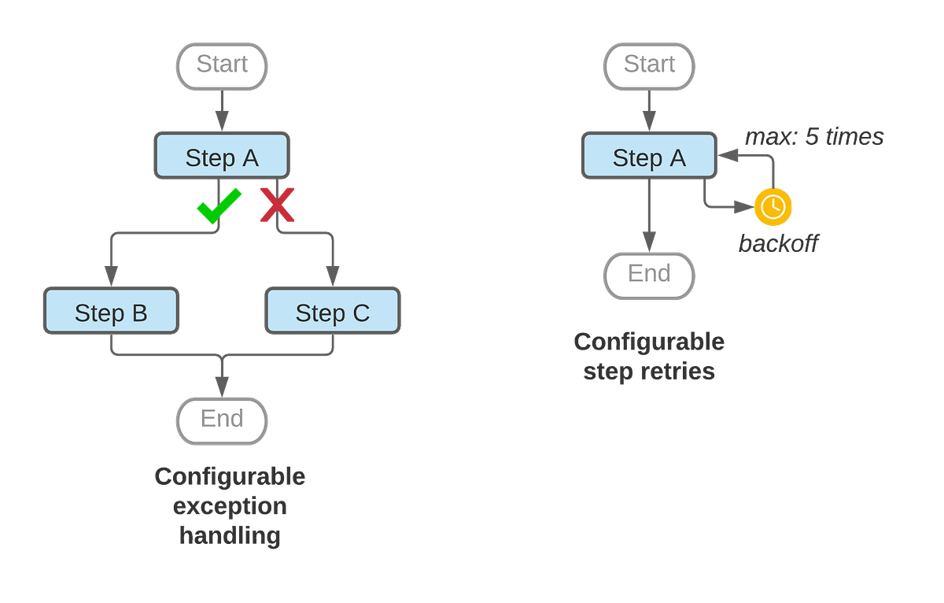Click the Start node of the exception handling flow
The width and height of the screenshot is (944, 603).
click(222, 65)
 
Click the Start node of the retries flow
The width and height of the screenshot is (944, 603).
click(649, 65)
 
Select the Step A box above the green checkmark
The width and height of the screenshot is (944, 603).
click(222, 157)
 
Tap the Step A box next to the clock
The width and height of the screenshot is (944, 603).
click(649, 157)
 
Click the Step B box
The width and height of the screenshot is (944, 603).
click(111, 313)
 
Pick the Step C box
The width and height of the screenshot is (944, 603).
click(333, 313)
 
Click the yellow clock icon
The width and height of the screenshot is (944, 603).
click(773, 207)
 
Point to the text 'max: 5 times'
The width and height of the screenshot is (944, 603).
click(814, 137)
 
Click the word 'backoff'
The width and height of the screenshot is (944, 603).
click(778, 245)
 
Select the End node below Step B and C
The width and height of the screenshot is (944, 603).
click(222, 419)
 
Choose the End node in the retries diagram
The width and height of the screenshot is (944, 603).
click(649, 274)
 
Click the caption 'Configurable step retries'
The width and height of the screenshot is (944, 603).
click(649, 356)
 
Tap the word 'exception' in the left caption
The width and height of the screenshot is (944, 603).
click(230, 506)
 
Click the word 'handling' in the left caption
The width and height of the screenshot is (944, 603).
click(230, 536)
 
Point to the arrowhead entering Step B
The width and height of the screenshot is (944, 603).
click(111, 276)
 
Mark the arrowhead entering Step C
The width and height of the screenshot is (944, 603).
click(333, 276)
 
